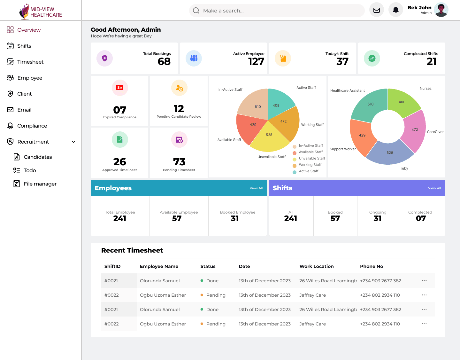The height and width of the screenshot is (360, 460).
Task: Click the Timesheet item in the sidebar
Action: pyautogui.click(x=30, y=62)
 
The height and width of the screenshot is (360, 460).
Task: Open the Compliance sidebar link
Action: pyautogui.click(x=32, y=126)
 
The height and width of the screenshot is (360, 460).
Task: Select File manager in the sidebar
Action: pyautogui.click(x=40, y=184)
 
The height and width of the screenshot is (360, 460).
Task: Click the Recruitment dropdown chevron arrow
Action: pyautogui.click(x=73, y=142)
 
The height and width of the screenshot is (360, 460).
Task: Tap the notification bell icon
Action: pyautogui.click(x=395, y=10)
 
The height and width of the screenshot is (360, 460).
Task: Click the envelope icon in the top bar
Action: pyautogui.click(x=377, y=10)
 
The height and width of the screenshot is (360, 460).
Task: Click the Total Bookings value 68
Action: pyautogui.click(x=164, y=61)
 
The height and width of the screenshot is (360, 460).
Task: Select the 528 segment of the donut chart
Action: pyautogui.click(x=390, y=153)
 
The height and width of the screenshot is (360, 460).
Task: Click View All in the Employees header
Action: pyautogui.click(x=256, y=188)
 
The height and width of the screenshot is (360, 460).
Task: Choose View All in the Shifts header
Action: pyautogui.click(x=434, y=188)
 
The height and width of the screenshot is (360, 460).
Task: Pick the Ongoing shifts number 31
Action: pyautogui.click(x=378, y=218)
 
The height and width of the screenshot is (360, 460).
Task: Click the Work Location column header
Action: pyautogui.click(x=316, y=266)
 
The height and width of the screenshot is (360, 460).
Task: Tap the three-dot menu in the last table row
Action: pyautogui.click(x=424, y=324)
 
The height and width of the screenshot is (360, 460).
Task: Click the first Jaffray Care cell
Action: pyautogui.click(x=312, y=295)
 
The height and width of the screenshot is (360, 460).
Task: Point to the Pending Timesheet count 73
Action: pyautogui.click(x=179, y=162)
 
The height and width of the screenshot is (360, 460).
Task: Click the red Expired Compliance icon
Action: pyautogui.click(x=120, y=88)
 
